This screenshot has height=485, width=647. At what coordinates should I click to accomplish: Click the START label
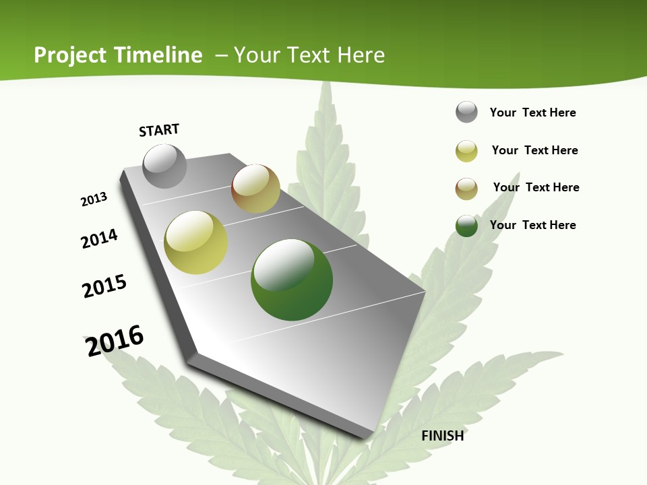[x=159, y=130]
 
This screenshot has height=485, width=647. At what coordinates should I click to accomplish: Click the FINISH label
[x=442, y=436]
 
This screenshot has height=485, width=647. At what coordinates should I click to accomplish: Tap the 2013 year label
[x=94, y=199]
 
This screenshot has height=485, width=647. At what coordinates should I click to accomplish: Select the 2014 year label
[x=99, y=238]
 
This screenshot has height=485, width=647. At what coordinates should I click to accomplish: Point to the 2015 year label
[x=104, y=286]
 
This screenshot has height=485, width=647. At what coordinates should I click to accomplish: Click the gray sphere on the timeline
[x=164, y=166]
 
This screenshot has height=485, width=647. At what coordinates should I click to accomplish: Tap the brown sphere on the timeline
[x=255, y=189]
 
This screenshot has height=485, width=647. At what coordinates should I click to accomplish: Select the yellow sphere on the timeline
[x=195, y=243]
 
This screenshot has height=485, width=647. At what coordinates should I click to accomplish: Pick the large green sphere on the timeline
[x=292, y=280]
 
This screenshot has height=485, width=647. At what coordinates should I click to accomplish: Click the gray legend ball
[x=466, y=112]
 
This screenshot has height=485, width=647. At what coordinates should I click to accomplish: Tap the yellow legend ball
[x=466, y=151]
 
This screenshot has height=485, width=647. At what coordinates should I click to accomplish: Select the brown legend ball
[x=466, y=189]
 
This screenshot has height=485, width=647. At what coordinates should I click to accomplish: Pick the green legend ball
[x=466, y=226]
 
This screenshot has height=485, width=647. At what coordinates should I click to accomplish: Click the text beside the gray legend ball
[x=532, y=112]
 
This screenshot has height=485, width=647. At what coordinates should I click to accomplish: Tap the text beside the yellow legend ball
[x=534, y=150]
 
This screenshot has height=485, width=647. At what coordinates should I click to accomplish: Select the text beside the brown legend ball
[x=536, y=187]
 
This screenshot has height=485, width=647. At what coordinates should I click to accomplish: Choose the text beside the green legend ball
[x=532, y=225]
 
